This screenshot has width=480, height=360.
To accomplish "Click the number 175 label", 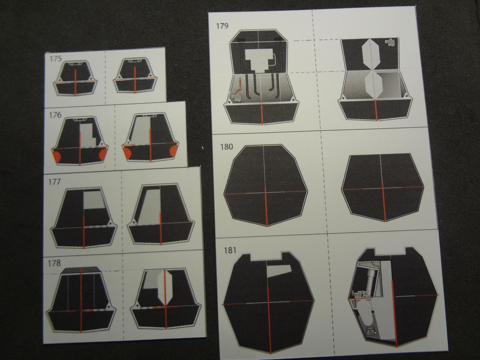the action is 55,59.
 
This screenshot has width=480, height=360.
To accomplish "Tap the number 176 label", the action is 55,115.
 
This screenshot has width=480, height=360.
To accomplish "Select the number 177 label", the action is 54,181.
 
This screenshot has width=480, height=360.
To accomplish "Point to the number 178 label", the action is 54,263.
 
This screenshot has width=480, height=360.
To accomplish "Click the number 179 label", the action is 222,26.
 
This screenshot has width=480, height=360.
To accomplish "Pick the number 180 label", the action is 226,147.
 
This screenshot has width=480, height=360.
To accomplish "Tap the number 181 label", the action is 230,250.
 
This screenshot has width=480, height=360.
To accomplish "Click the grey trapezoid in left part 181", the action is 279,271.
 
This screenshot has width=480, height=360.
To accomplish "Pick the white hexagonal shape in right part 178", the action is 165,287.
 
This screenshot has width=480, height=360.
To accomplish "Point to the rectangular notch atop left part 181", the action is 266,256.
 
